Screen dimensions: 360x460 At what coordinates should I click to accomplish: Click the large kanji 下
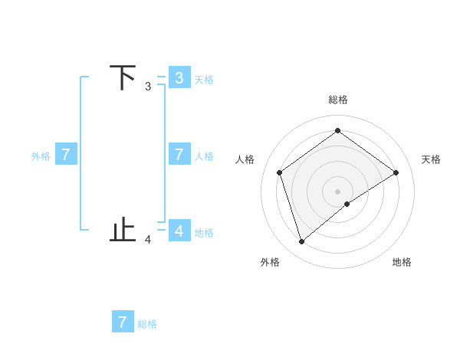pyautogui.click(x=123, y=78)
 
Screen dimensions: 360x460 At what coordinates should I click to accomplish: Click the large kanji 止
pyautogui.click(x=123, y=230)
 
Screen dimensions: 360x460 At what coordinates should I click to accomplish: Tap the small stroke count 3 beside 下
pyautogui.click(x=148, y=87)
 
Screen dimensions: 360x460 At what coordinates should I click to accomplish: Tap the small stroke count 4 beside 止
pyautogui.click(x=148, y=240)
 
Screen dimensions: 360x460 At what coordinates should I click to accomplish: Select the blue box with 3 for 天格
pyautogui.click(x=179, y=77)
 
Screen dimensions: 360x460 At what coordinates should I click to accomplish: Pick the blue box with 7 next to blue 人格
pyautogui.click(x=179, y=154)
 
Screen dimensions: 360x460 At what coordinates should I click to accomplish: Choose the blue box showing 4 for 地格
pyautogui.click(x=179, y=230)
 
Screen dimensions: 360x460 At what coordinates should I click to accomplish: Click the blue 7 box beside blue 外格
pyautogui.click(x=66, y=154)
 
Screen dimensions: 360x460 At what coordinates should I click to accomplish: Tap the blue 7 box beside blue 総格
pyautogui.click(x=123, y=322)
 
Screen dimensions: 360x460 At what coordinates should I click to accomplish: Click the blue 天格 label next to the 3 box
pyautogui.click(x=204, y=80)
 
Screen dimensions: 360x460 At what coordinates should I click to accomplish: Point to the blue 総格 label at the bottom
pyautogui.click(x=147, y=324)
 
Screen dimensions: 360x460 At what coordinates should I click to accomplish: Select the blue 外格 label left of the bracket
pyautogui.click(x=41, y=156)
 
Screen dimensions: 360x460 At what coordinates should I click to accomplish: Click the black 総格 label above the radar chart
pyautogui.click(x=337, y=100)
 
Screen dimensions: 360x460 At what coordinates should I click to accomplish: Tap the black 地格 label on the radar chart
pyautogui.click(x=402, y=262)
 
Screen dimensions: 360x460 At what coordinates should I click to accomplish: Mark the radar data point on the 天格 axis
pyautogui.click(x=396, y=172)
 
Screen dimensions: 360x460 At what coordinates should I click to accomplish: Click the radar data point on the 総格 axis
pyautogui.click(x=337, y=131)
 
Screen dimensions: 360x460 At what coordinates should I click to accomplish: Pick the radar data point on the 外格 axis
pyautogui.click(x=301, y=242)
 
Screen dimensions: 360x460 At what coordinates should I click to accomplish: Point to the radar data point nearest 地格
pyautogui.click(x=347, y=204)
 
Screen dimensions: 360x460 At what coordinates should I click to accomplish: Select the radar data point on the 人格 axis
pyautogui.click(x=280, y=172)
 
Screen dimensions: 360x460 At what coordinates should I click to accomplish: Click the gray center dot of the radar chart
pyautogui.click(x=337, y=191)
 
